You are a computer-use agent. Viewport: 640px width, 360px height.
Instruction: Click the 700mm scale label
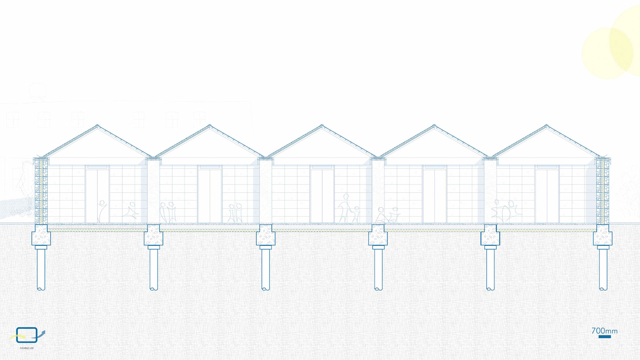(604, 331)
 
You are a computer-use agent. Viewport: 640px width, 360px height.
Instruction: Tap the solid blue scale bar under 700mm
(605, 337)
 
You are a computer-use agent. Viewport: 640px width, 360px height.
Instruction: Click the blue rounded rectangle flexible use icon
(27, 335)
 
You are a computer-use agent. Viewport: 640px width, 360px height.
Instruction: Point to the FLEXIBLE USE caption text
(27, 348)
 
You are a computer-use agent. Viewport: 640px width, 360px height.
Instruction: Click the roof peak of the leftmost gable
(97, 126)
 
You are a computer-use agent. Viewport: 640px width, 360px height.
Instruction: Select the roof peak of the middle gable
(322, 126)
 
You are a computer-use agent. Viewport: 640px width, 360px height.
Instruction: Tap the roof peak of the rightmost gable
(546, 126)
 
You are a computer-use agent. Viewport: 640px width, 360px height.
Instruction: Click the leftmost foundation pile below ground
(41, 268)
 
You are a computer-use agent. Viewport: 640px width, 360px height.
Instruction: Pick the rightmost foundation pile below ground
(603, 268)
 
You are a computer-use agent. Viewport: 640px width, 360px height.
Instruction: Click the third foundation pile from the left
(266, 268)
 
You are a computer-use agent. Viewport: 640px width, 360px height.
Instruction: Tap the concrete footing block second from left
(153, 235)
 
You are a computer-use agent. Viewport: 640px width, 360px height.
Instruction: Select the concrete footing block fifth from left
(490, 235)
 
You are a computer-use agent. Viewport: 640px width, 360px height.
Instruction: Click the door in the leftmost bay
(97, 195)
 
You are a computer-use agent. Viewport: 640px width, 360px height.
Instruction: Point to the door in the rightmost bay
(547, 195)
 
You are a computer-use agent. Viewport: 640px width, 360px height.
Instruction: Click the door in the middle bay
(322, 195)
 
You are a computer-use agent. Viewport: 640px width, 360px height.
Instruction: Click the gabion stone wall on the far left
(41, 192)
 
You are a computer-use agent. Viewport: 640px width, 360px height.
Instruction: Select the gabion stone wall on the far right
(603, 192)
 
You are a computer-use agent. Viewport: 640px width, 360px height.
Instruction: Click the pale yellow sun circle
(607, 53)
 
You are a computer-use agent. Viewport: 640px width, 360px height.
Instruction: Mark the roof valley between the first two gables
(153, 157)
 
